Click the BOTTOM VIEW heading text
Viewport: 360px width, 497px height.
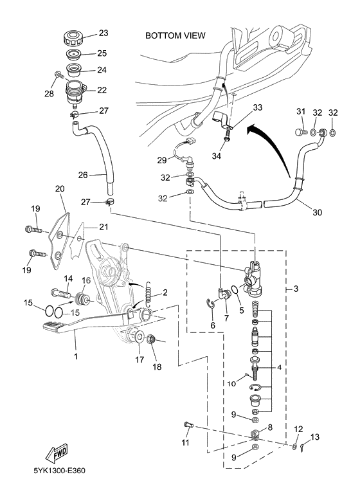(175, 36)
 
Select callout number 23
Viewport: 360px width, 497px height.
(103, 33)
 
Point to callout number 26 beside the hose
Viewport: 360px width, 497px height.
(83, 174)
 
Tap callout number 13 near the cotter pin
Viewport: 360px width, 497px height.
(314, 437)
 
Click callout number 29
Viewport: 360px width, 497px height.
(162, 159)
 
